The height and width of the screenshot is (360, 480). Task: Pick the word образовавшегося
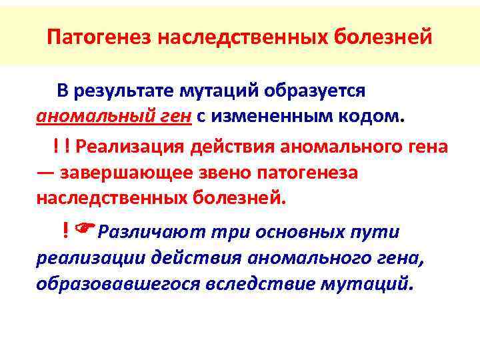click(x=118, y=283)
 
